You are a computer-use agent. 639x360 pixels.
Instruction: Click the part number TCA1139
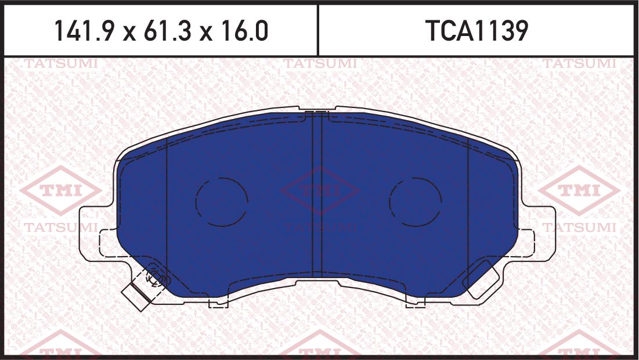click(478, 31)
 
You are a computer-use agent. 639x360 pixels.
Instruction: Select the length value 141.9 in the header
click(84, 31)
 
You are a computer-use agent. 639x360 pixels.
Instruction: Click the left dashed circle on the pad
click(221, 201)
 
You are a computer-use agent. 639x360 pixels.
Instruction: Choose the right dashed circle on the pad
click(415, 201)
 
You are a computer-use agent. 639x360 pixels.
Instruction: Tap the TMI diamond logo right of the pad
click(578, 190)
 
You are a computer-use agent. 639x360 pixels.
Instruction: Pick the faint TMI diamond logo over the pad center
click(320, 190)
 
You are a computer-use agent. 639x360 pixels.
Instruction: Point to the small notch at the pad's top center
click(317, 110)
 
